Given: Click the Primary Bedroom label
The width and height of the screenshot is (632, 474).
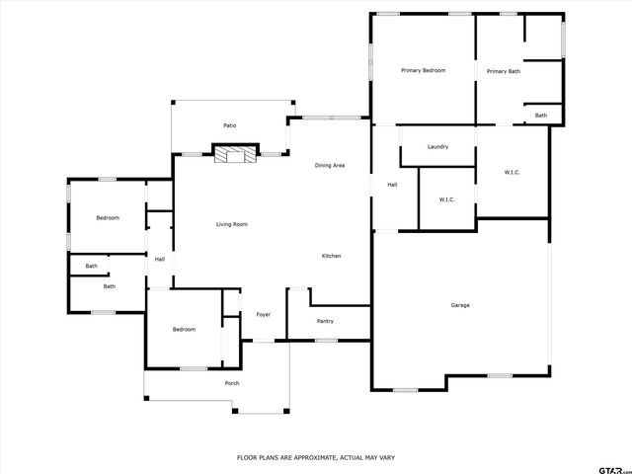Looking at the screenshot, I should (423, 71).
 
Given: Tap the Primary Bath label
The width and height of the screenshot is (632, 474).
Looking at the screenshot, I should (503, 71).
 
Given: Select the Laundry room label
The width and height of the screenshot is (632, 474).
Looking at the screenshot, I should (437, 147).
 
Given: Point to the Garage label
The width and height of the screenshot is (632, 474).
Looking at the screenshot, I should (460, 305).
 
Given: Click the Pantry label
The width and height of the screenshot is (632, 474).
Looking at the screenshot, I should (325, 321).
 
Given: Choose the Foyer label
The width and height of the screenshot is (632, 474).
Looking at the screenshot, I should (264, 315).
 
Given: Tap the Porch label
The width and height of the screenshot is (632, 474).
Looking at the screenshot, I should (232, 383).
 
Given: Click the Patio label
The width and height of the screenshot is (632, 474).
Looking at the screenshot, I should (229, 125).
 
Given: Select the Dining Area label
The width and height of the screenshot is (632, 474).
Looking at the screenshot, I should (330, 165).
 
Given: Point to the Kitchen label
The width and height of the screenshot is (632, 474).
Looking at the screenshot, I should (332, 257).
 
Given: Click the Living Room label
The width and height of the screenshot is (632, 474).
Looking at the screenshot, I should (232, 224).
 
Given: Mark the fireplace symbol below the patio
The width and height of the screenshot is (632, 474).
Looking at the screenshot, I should (235, 154).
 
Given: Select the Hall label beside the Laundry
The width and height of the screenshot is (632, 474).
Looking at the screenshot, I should (392, 185).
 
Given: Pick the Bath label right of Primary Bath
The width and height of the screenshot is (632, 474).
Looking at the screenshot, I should (541, 116).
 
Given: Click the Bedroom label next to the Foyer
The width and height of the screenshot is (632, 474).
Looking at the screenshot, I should (184, 329).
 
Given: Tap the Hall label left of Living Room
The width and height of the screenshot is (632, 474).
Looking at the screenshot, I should (159, 260).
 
